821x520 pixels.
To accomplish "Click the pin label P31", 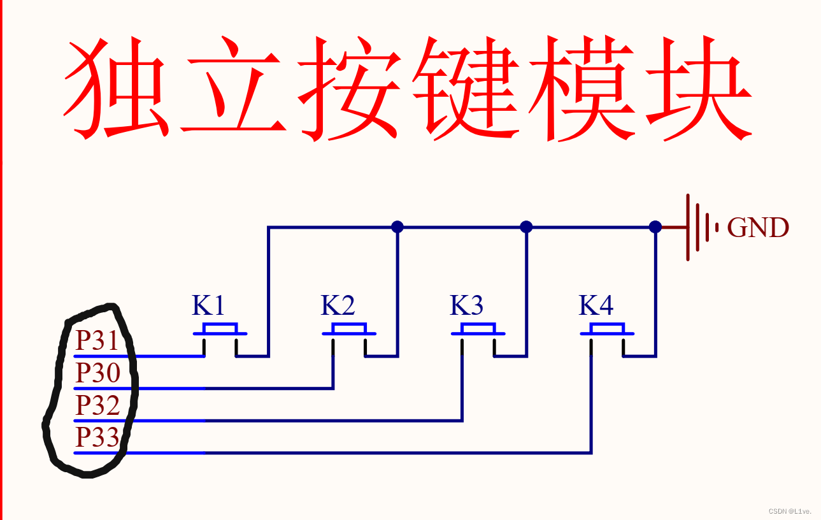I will pos(97,341).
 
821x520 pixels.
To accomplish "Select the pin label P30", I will pos(97,373).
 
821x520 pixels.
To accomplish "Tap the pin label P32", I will pos(97,405).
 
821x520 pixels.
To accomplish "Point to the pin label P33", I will pos(97,438).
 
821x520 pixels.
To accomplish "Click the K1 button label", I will pos(208,307).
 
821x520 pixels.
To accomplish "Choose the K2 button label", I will pos(338,307).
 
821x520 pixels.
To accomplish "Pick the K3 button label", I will pos(466,307).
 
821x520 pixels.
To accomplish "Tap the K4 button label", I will pos(596,307).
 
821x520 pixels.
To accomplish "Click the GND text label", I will pos(757,227).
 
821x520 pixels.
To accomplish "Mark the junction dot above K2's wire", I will pos(397,226).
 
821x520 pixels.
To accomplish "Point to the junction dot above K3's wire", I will pos(526,226).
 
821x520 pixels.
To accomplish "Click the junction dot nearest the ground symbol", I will pos(655,226).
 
